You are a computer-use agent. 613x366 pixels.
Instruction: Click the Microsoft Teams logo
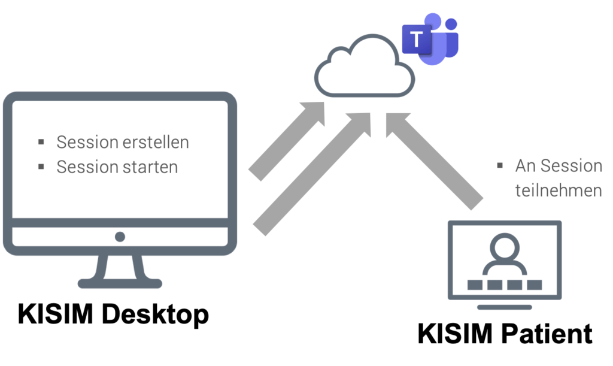[x=430, y=40]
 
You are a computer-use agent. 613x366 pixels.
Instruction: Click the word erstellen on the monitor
[x=157, y=143]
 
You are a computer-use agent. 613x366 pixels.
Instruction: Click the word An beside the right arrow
[x=523, y=166]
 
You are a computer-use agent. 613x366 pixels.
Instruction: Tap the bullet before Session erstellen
[x=41, y=142]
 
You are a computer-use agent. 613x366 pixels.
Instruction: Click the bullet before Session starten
[x=41, y=166]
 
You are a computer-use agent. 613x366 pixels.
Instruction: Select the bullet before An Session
[x=500, y=165]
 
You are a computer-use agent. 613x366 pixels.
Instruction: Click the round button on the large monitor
[x=120, y=237]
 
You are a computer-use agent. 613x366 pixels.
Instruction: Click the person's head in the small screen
[x=505, y=246]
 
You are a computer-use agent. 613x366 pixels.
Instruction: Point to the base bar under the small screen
[x=505, y=307]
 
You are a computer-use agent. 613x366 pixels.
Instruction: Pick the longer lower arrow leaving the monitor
[x=311, y=174]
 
